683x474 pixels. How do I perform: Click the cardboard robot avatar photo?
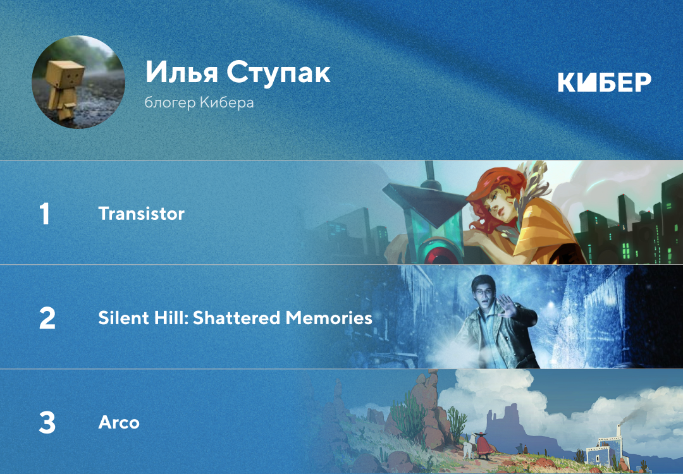click(x=78, y=82)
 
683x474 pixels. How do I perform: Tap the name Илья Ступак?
click(x=238, y=72)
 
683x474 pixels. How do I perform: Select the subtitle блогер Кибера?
click(x=199, y=103)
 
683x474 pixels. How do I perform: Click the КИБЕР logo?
click(x=605, y=82)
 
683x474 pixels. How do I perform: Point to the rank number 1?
click(x=44, y=214)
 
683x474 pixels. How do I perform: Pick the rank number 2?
click(x=47, y=318)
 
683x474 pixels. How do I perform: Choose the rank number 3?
click(x=47, y=423)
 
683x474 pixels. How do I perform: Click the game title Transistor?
click(x=142, y=214)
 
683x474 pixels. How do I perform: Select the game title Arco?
click(x=119, y=423)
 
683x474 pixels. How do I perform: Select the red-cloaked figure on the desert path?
click(x=483, y=446)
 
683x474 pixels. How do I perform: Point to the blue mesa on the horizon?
click(x=507, y=424)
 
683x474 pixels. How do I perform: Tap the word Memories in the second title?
click(x=329, y=318)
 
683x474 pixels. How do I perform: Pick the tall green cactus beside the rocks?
click(x=408, y=416)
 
